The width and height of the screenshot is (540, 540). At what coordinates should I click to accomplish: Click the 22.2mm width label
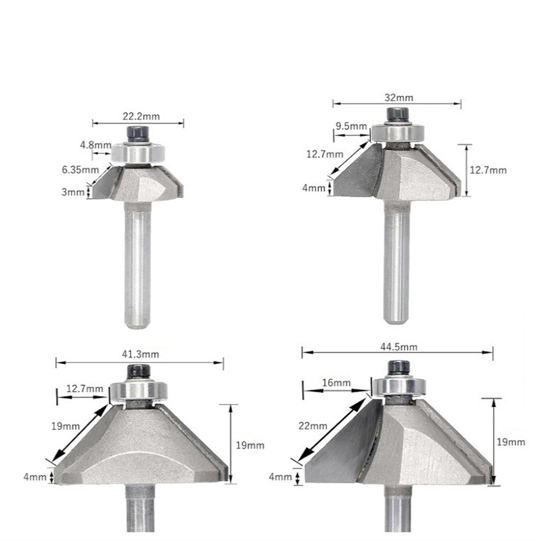click(x=141, y=116)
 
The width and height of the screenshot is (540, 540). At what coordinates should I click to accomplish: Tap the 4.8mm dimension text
click(x=96, y=145)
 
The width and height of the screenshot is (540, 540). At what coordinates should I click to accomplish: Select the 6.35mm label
click(x=80, y=170)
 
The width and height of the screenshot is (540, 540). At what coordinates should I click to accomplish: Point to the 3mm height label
click(x=73, y=192)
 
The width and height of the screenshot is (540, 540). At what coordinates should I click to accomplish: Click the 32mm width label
click(x=399, y=97)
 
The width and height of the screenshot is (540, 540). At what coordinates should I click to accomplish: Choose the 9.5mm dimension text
click(x=352, y=126)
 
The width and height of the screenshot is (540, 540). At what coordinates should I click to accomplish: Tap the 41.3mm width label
click(x=140, y=354)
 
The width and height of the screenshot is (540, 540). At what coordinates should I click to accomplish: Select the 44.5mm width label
click(x=399, y=347)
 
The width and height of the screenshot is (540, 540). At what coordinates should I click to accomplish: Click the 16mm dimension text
click(x=336, y=383)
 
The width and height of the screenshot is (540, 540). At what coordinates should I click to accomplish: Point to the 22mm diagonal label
click(x=313, y=426)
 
